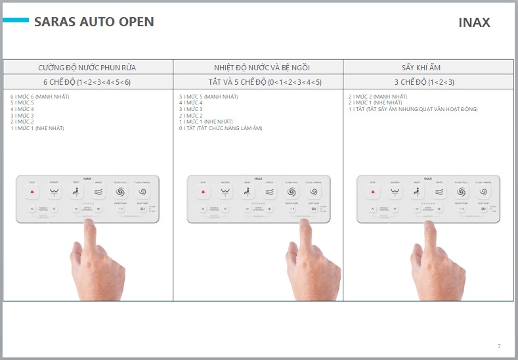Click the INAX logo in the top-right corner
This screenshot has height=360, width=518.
(474, 22)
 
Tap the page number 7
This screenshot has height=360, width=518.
(498, 346)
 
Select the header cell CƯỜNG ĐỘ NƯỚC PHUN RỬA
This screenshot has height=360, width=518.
(87, 67)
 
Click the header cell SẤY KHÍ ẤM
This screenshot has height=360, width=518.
(428, 67)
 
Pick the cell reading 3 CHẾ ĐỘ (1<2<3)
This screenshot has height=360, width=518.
(428, 82)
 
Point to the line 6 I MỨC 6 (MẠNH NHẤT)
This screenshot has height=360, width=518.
(39, 97)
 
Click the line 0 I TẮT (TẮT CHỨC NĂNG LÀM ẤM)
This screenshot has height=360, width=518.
(221, 128)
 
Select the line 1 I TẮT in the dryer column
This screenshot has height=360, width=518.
(413, 109)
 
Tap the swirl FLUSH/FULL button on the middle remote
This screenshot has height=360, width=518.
(292, 192)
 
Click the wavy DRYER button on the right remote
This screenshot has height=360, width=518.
(439, 192)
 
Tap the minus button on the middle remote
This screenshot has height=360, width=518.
(248, 209)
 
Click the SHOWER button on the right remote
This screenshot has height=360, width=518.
(395, 192)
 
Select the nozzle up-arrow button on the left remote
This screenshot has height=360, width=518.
(32, 209)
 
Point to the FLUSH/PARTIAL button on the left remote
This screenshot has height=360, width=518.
(142, 192)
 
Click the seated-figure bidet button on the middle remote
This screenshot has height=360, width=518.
(248, 192)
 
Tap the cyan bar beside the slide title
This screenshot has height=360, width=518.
(15, 21)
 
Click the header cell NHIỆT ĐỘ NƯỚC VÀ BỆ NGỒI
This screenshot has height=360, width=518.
(258, 67)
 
